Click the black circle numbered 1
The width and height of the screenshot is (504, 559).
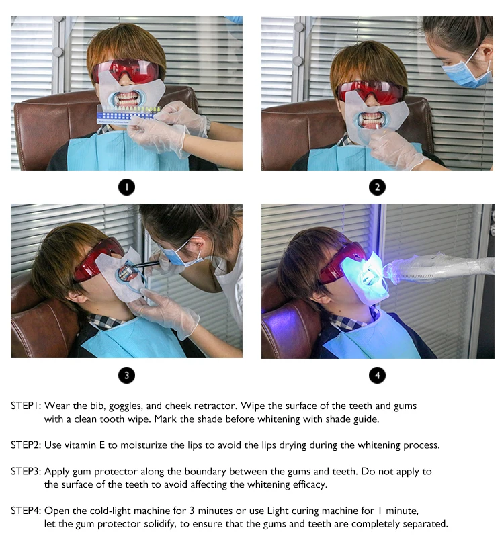126,187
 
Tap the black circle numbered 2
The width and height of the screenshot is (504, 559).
378,187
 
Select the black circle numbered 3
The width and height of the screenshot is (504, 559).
126,375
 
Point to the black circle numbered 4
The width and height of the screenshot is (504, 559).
378,375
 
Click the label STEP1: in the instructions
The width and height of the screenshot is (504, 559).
26,406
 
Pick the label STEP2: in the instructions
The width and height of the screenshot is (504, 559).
26,445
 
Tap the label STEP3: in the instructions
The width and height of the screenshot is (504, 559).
26,471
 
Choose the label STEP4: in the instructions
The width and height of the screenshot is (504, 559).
26,511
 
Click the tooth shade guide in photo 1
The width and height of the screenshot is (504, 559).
128,114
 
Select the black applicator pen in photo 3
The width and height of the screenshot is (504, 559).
144,264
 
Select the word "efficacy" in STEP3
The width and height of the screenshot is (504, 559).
310,485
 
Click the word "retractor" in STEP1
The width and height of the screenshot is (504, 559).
218,406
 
